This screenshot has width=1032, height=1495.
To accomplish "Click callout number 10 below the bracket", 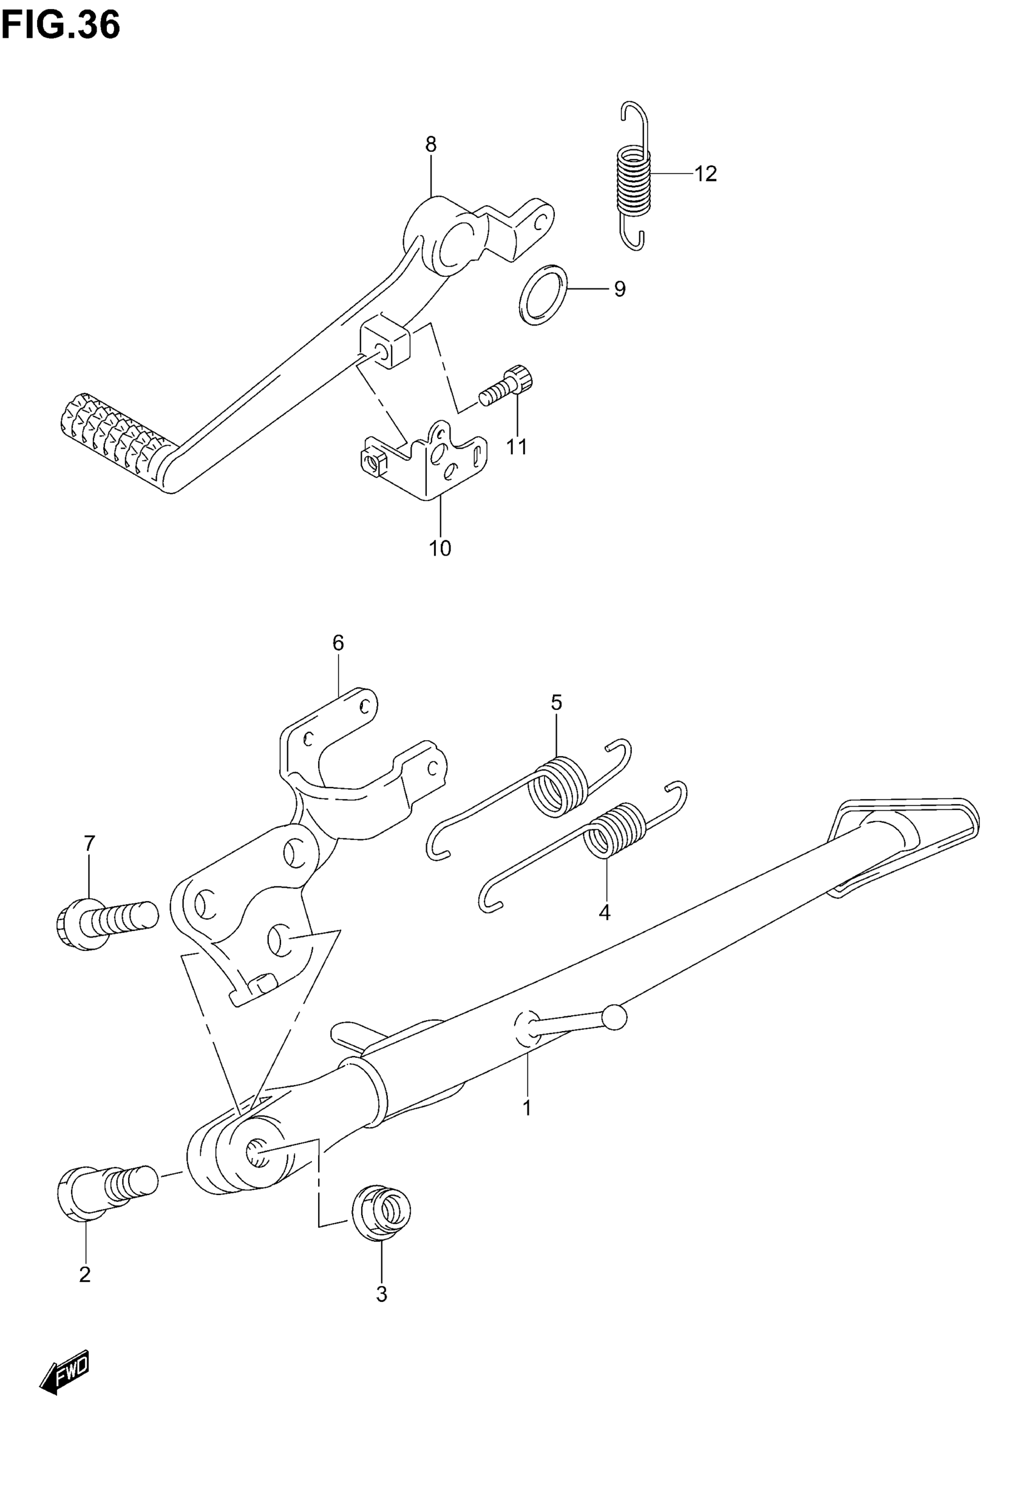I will coord(440,548).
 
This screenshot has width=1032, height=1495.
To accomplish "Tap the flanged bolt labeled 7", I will coord(103,923).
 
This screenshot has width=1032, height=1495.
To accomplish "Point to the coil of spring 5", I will coord(558,786).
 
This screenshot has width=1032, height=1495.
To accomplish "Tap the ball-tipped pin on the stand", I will coord(614,1017).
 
